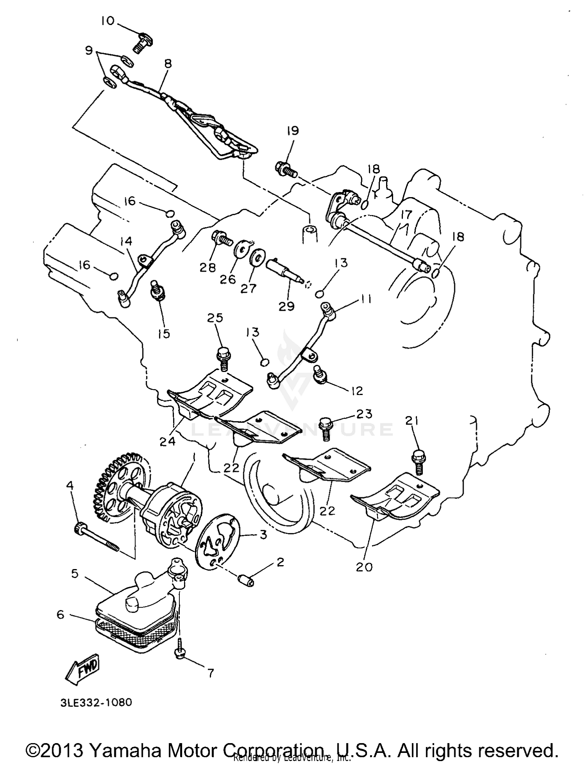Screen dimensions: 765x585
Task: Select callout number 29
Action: (287, 306)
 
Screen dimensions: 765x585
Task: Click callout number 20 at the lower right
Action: (364, 567)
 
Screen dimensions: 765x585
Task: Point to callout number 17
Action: (406, 214)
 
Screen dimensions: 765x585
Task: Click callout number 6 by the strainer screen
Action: (60, 615)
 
